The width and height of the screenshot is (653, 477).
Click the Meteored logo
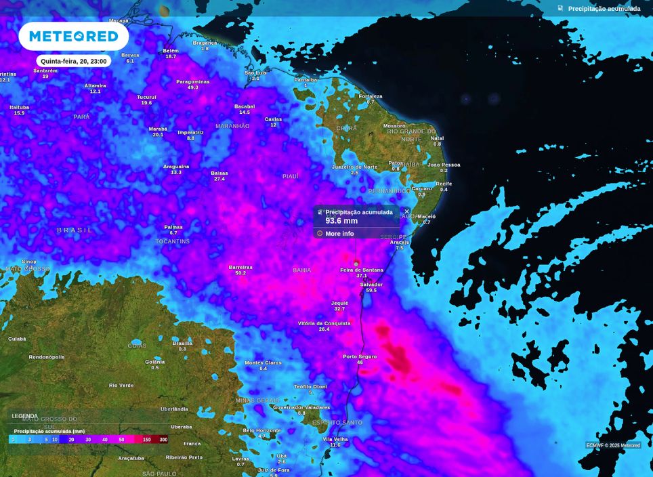73,36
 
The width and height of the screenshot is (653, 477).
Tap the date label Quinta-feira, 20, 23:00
73,61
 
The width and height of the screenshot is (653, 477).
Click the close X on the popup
406,211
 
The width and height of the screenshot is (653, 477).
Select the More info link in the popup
339,234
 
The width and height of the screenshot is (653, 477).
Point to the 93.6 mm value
341,221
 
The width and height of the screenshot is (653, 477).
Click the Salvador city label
371,285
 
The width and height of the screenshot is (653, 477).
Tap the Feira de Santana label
361,270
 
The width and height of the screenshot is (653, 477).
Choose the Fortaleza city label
371,96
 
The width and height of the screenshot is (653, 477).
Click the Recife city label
444,184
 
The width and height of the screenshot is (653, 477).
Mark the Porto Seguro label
360,356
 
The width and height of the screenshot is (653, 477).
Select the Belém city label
171,51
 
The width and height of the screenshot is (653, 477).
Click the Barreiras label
240,267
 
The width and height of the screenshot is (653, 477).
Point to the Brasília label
182,343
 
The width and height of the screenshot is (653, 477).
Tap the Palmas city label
173,227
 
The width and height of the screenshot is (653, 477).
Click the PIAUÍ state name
291,176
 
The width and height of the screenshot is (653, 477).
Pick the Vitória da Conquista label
324,323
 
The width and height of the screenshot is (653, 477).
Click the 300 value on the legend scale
163,440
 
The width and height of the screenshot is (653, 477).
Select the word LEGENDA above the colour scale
25,416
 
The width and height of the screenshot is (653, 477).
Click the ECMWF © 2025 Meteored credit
613,445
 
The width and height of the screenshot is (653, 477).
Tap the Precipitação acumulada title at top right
604,9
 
